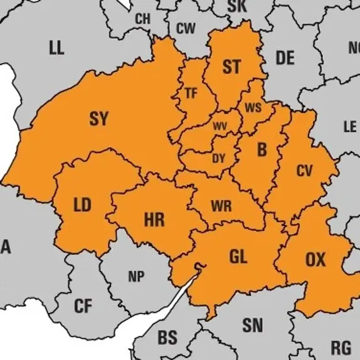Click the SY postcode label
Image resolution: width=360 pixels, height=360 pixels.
pos(98,119)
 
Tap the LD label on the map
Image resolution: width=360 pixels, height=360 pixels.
pos(82,205)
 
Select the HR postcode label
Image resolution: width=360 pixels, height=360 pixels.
pos(154,220)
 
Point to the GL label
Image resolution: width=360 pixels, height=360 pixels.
pos(238,256)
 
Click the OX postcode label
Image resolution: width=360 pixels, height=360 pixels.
pos(315,259)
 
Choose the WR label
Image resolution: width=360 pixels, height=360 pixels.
pos(221,206)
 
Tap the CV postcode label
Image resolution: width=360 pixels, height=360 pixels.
pos(304,170)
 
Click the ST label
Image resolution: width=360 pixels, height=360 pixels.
pos(231,67)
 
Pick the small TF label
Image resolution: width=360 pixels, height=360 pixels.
pos(191,93)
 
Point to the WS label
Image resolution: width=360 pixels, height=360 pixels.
pos(253,107)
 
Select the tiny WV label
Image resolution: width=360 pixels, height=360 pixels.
pos(220,126)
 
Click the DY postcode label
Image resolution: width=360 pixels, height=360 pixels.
pos(218,159)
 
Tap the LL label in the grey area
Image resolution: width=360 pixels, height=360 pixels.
pos(56,48)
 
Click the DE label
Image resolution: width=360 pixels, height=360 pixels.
pos(285,58)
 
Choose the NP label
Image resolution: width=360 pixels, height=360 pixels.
pos(135,277)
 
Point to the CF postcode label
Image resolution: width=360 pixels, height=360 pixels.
pos(83,307)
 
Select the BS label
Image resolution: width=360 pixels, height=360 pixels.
pos(167,337)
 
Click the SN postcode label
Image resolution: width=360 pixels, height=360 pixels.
pos(253,325)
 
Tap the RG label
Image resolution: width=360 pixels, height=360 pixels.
pos(341,347)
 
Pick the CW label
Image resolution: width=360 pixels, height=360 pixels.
pos(186,28)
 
